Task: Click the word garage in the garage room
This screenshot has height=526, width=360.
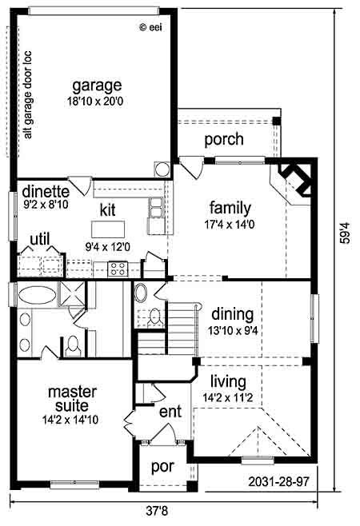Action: click(x=97, y=86)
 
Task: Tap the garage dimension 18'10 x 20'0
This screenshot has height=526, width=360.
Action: click(x=95, y=101)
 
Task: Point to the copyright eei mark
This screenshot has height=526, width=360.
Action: click(x=150, y=27)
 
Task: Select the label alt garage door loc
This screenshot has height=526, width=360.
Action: click(x=27, y=95)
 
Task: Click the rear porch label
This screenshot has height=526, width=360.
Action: click(x=224, y=139)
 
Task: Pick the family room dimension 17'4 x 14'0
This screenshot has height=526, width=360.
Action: click(x=230, y=225)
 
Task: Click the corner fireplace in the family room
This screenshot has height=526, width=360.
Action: click(x=295, y=180)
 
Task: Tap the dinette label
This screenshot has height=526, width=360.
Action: click(x=46, y=191)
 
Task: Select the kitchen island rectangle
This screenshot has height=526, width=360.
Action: click(x=108, y=229)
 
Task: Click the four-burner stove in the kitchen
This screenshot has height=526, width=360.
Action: click(x=118, y=269)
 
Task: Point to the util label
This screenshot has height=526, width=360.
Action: click(x=40, y=239)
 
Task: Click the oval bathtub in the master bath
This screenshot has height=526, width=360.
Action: click(x=38, y=295)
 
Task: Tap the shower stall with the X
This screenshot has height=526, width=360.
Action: click(x=72, y=293)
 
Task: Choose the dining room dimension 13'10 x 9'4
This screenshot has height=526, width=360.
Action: click(x=233, y=331)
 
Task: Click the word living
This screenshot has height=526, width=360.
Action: click(x=228, y=382)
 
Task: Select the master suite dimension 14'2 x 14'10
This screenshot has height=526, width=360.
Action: click(x=70, y=420)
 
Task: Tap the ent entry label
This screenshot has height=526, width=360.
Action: click(x=170, y=412)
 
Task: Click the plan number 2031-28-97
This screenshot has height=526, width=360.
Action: click(x=278, y=482)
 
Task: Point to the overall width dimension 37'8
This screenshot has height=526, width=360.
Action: click(x=157, y=512)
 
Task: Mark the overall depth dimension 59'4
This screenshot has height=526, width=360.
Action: click(x=345, y=233)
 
